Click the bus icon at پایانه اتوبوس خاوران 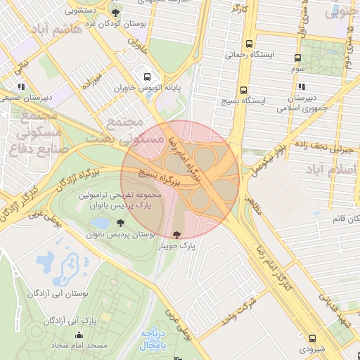146,77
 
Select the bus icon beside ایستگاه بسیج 243,90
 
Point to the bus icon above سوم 297,58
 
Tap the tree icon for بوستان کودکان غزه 115,13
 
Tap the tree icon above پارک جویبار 176,234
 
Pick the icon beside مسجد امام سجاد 55,346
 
